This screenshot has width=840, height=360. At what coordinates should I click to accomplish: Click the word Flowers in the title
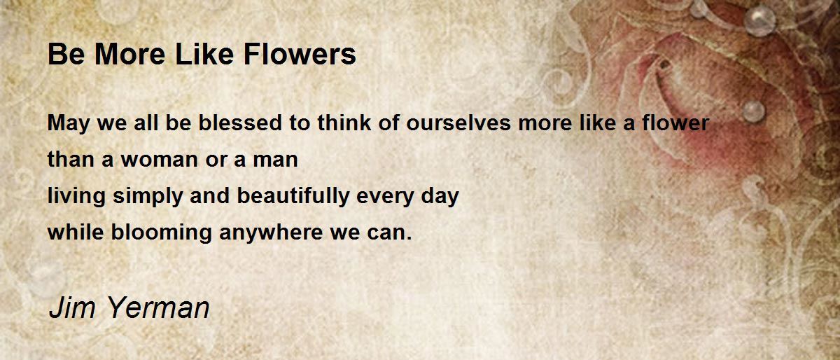(x=300, y=55)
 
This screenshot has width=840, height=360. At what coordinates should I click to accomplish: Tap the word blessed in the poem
(x=239, y=123)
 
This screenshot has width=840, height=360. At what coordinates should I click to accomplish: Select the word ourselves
(x=458, y=123)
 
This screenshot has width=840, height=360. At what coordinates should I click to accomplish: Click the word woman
(x=160, y=159)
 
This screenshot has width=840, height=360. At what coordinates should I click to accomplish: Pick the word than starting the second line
(x=71, y=159)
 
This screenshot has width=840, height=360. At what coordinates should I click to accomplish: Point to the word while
(x=76, y=232)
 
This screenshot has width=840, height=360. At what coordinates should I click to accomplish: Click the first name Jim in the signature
(x=72, y=307)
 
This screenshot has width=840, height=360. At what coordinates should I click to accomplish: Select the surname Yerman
(x=158, y=307)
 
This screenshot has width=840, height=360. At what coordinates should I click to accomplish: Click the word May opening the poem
(x=69, y=123)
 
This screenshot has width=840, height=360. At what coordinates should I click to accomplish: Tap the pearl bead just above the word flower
(x=754, y=111)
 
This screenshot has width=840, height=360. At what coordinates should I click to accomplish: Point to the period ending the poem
(x=409, y=239)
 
